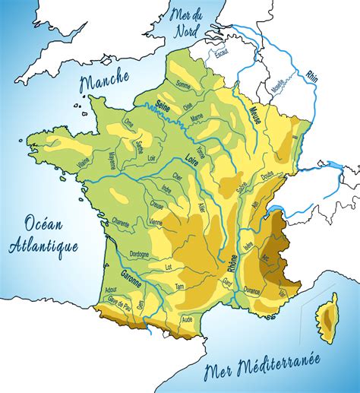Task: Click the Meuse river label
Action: pyautogui.click(x=256, y=117)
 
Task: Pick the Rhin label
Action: pyautogui.click(x=311, y=76)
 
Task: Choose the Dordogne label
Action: pyautogui.click(x=138, y=255)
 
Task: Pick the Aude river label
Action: pyautogui.click(x=188, y=319)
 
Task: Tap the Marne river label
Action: pyautogui.click(x=197, y=117)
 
